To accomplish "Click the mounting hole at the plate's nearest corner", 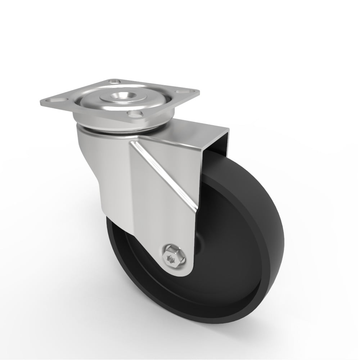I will click(x=135, y=116).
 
